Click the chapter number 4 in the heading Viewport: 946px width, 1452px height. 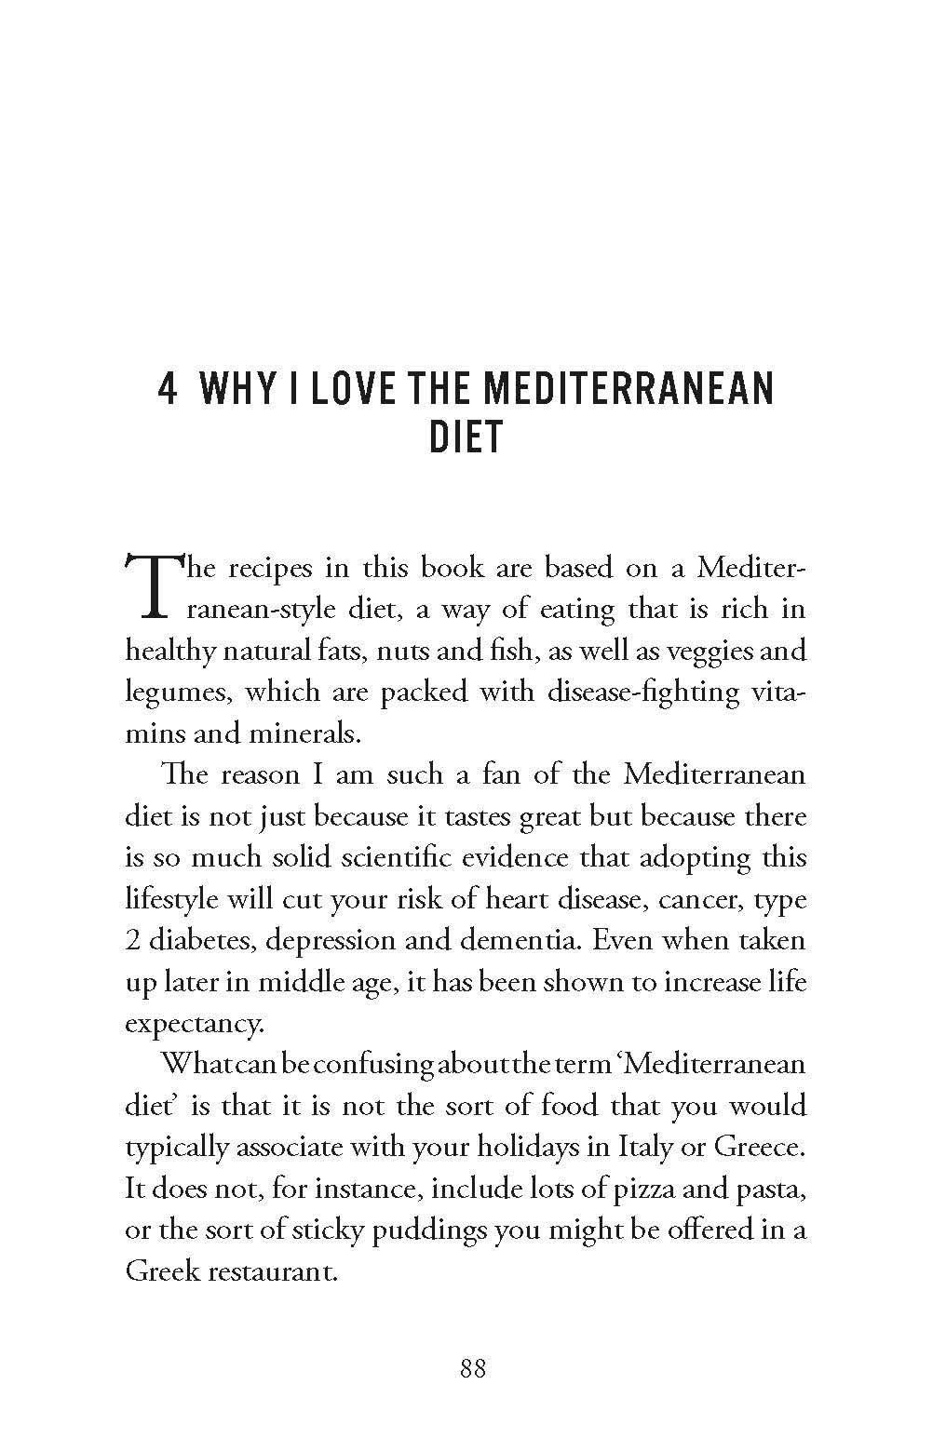(x=168, y=389)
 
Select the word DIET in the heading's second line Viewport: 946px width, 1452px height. (x=466, y=437)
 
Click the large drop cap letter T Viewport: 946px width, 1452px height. (x=147, y=586)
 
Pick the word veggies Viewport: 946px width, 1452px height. (x=703, y=650)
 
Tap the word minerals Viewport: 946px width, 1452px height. (x=303, y=733)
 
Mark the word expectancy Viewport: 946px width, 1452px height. (x=195, y=1024)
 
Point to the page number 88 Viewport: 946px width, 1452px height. (x=473, y=1369)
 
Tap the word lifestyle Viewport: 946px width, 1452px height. (x=169, y=899)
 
